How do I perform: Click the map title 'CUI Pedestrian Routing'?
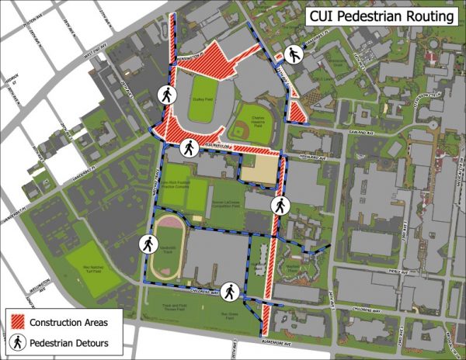pyautogui.click(x=381, y=16)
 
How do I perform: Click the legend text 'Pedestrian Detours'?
pyautogui.click(x=75, y=341)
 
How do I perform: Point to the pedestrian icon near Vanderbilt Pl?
pyautogui.click(x=294, y=54)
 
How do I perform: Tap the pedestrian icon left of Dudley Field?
pyautogui.click(x=166, y=94)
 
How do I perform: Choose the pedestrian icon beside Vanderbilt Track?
pyautogui.click(x=148, y=244)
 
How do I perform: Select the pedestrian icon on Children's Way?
pyautogui.click(x=230, y=291)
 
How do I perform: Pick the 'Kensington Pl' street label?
pyautogui.click(x=190, y=59)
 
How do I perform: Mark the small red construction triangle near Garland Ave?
pyautogui.click(x=296, y=112)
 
